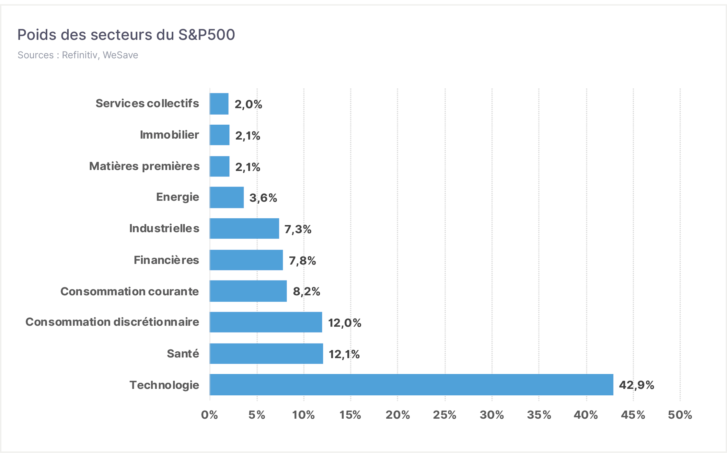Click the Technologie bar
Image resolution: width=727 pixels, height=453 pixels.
[x=411, y=385]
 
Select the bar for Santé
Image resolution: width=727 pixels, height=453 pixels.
[x=266, y=354]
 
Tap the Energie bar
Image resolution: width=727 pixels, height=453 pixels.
[x=227, y=198]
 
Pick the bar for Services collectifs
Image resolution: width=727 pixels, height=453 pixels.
[x=219, y=104]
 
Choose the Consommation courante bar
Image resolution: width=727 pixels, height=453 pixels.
[x=248, y=291]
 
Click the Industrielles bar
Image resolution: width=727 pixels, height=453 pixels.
[x=244, y=229]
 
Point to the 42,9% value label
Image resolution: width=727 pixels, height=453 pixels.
[x=637, y=385]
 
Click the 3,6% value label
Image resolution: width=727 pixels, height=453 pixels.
[x=263, y=198]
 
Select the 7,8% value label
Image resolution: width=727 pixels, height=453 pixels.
[x=302, y=261]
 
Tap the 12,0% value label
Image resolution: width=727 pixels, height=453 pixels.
[x=345, y=323]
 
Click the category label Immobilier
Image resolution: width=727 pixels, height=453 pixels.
[x=169, y=135]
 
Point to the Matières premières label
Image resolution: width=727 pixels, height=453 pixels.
[x=144, y=166]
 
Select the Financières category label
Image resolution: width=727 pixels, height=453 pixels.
[x=167, y=260]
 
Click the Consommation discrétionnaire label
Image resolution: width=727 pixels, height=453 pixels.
[x=112, y=322]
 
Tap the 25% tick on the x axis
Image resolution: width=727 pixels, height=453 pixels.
[x=445, y=415]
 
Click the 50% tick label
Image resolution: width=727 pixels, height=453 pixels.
[x=680, y=415]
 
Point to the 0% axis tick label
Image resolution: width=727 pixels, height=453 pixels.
[x=210, y=415]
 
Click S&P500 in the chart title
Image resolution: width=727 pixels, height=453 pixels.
[x=207, y=35]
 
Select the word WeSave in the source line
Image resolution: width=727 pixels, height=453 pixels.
[x=121, y=55]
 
